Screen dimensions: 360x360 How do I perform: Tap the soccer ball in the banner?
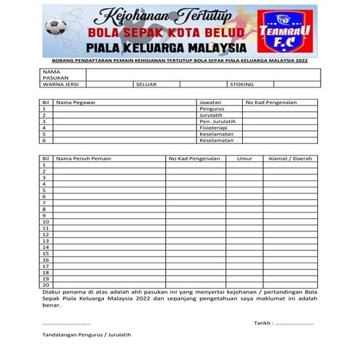(x=55, y=28)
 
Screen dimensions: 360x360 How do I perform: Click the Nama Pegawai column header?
(x=76, y=103)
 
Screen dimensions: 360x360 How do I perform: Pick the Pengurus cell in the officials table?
(x=212, y=109)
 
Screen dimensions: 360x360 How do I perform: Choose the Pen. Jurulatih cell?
(x=217, y=121)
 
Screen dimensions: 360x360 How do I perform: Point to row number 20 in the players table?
(x=45, y=285)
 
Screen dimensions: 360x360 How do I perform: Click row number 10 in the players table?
(x=45, y=222)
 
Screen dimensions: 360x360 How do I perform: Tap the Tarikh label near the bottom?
(x=263, y=322)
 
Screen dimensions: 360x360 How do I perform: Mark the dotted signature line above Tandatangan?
(x=66, y=323)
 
